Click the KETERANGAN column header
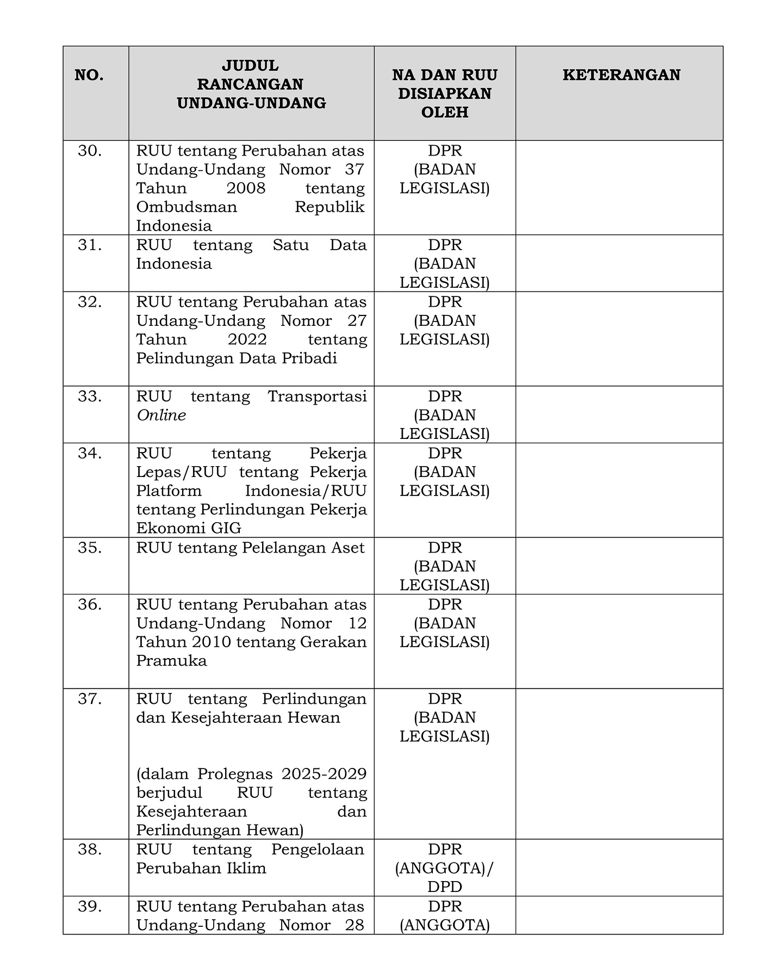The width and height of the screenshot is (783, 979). [x=621, y=75]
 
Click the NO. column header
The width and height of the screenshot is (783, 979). [x=89, y=75]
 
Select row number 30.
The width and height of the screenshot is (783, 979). [x=90, y=151]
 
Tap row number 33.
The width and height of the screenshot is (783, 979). [x=90, y=396]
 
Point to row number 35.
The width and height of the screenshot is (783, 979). [x=90, y=548]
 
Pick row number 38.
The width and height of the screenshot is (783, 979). [x=90, y=849]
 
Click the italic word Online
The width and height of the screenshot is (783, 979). [x=161, y=416]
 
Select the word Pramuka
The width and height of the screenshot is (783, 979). [x=171, y=661]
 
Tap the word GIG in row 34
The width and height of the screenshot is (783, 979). [x=226, y=528]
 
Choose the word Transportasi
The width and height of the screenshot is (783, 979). [x=317, y=396]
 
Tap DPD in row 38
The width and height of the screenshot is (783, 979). [x=444, y=887]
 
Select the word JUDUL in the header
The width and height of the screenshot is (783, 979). [x=250, y=66]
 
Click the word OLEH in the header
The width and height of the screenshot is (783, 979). [x=444, y=112]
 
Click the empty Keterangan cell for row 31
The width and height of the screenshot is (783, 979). [x=619, y=263]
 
